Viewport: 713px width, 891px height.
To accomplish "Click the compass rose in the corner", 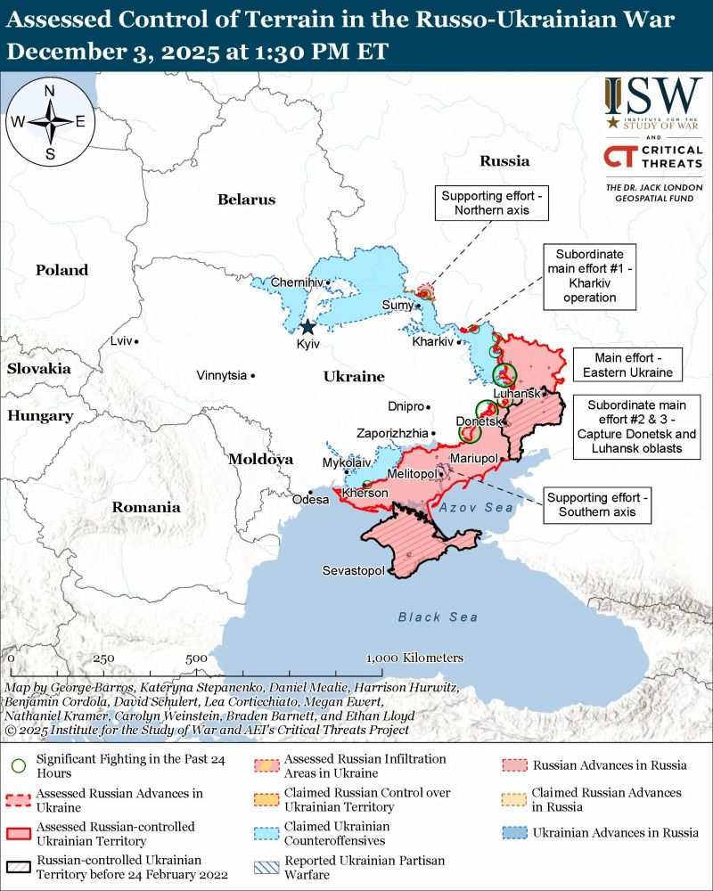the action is click(x=50, y=122).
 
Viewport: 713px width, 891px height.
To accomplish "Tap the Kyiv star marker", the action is click(x=308, y=327).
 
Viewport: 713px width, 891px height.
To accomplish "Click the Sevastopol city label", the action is click(x=353, y=570).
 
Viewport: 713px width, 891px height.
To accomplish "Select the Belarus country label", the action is click(x=246, y=200).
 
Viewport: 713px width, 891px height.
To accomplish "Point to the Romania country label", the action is click(x=145, y=508).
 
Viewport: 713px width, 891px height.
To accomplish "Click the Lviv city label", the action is click(x=119, y=341).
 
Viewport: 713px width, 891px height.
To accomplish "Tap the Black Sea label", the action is click(x=438, y=617).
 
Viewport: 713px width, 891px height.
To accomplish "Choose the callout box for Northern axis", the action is click(x=490, y=203).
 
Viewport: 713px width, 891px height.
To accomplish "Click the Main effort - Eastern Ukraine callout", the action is click(x=622, y=364).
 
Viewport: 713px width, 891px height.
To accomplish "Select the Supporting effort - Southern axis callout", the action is click(x=598, y=505).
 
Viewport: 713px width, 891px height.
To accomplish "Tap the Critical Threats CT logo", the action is click(x=619, y=158).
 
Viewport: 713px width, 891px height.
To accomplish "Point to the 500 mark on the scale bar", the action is click(x=196, y=658).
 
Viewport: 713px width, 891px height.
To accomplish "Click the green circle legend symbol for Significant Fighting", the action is click(x=17, y=765).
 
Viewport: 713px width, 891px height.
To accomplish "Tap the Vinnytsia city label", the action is click(x=221, y=376).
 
